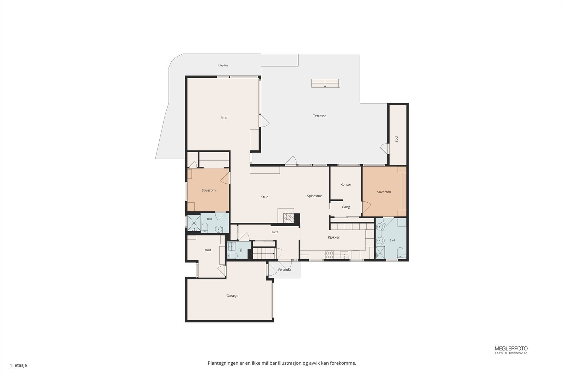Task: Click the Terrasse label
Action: (x=319, y=116)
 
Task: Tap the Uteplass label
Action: (x=223, y=66)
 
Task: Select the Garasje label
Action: (x=232, y=296)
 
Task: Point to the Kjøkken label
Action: (x=334, y=237)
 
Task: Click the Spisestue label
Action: (x=314, y=196)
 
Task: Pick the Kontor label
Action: (x=346, y=185)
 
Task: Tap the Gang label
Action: (x=346, y=207)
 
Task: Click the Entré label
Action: (x=275, y=232)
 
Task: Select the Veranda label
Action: (x=284, y=270)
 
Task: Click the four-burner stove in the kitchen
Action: (x=329, y=255)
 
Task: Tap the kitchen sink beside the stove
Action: (x=344, y=255)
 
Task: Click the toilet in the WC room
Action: (x=232, y=256)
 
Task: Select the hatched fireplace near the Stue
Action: (x=289, y=218)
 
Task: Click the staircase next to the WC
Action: (x=264, y=253)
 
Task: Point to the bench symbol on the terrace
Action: (x=326, y=83)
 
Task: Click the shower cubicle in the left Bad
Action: (x=194, y=223)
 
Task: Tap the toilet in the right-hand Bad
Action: (x=400, y=253)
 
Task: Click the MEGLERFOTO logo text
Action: (x=511, y=349)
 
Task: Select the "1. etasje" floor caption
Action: (x=18, y=365)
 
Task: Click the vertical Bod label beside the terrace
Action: (x=396, y=140)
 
